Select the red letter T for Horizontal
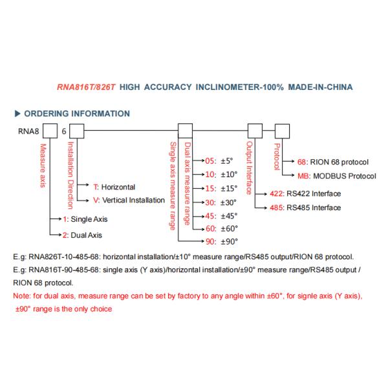click(96, 186)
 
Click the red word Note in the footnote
click(21, 296)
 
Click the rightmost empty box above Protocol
click(283, 131)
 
